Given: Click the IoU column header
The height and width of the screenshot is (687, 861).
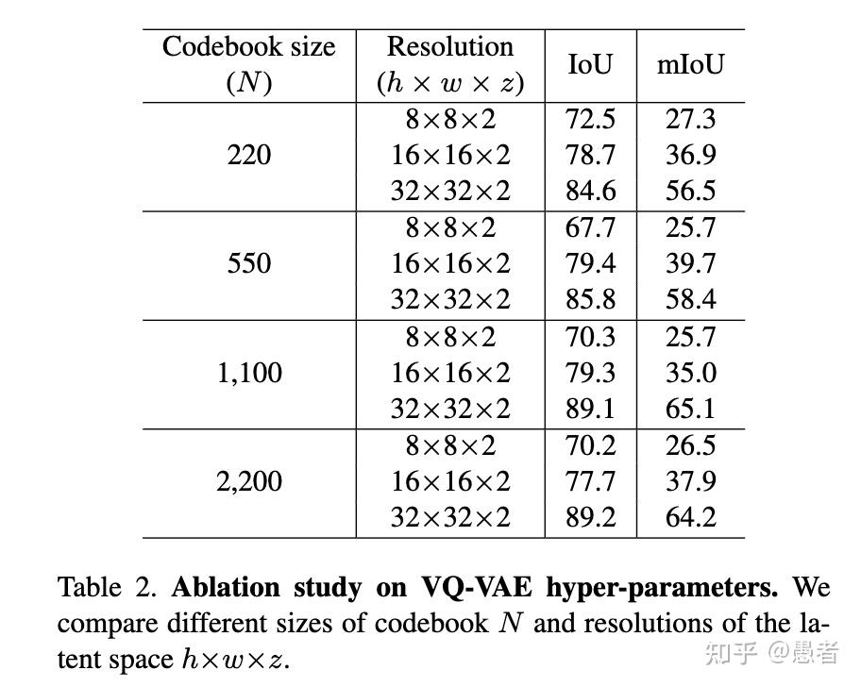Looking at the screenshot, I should coord(590,64).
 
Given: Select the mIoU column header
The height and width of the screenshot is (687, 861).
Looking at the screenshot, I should coord(690,64).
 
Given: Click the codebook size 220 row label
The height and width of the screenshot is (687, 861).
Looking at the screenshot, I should coord(248,155).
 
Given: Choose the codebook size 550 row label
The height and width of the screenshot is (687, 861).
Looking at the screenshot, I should coord(248,263).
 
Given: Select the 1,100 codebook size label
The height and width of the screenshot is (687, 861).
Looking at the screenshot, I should coord(248,373).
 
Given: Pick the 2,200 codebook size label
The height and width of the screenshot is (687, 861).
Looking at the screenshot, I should coord(248,481).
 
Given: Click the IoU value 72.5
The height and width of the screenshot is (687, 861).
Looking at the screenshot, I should coord(590,119).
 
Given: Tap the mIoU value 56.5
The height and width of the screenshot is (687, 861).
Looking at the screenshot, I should coord(690,191).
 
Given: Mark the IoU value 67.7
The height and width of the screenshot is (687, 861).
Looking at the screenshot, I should coord(590,227).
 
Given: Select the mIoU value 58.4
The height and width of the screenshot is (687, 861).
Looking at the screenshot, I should coord(690,299).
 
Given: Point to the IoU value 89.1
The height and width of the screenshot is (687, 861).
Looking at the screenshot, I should coord(590,409).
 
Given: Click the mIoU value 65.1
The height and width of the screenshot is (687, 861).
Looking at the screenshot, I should coord(690,409).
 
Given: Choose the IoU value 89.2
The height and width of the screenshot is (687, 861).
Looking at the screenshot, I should coord(590,517).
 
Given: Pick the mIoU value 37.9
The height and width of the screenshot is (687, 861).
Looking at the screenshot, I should coord(690,481).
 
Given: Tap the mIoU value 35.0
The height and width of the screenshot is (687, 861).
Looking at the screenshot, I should coord(690,373).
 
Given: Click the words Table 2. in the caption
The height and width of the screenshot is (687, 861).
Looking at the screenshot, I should coord(109,588).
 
